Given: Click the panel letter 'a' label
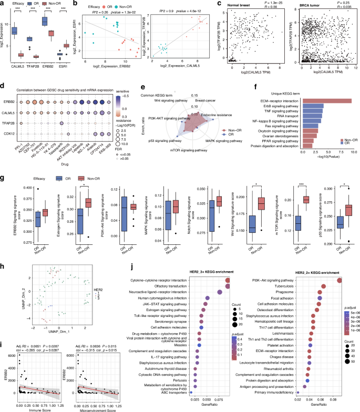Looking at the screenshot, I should (4, 4).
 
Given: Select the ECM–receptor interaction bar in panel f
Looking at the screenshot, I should (326, 101).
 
